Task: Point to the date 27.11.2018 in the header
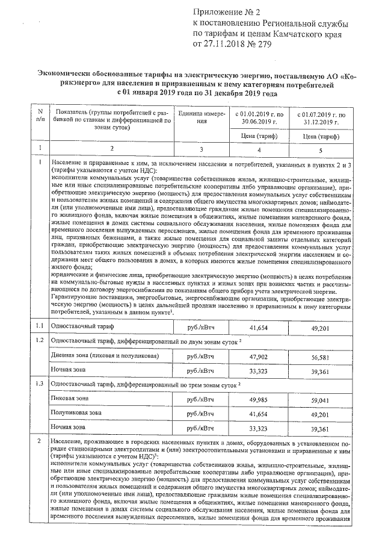(x=226, y=44)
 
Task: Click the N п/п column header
(x=40, y=117)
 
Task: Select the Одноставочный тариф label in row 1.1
(x=82, y=326)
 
